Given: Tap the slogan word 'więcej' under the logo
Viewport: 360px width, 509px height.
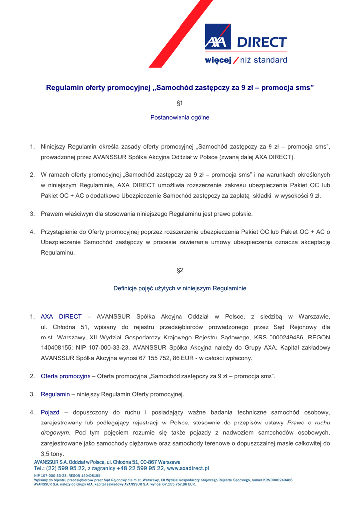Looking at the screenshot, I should click(218, 60).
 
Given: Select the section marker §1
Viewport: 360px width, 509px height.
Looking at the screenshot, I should click(180, 103).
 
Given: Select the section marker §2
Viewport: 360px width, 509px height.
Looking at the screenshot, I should click(180, 270).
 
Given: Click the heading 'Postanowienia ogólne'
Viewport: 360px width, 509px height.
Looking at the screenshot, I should click(180, 118).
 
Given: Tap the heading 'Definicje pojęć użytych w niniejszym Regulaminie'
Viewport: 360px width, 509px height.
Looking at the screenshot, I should click(180, 288).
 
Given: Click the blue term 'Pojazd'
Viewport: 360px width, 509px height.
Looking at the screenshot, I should click(50, 413).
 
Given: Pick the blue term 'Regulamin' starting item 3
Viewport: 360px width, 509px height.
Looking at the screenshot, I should click(55, 394).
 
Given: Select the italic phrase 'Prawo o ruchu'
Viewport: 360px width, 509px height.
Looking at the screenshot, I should click(309, 423).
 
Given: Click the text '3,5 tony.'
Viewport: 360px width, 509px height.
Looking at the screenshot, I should click(52, 454).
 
